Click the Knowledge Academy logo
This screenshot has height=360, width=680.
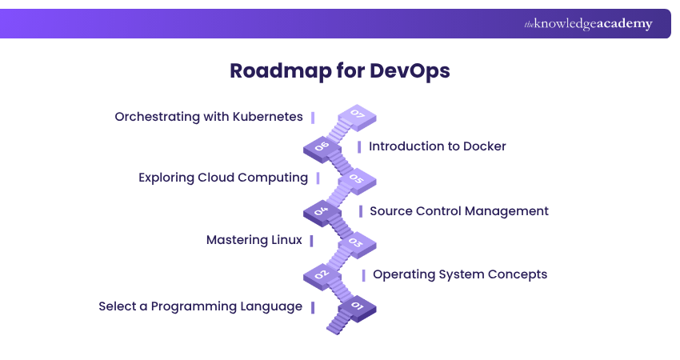(588, 24)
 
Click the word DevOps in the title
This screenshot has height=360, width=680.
(410, 70)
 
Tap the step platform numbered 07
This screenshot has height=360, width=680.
(357, 117)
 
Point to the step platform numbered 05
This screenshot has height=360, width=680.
(357, 179)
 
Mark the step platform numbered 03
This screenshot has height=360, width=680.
(357, 242)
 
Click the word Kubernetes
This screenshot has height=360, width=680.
(267, 117)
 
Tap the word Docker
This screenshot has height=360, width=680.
(485, 146)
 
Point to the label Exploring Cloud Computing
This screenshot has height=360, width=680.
(223, 178)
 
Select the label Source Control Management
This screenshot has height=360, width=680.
(459, 211)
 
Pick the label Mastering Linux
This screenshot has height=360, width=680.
(254, 240)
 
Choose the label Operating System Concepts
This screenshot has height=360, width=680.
(460, 274)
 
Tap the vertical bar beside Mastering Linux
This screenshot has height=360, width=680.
(311, 240)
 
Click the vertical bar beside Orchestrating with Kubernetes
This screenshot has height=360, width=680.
(313, 117)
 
